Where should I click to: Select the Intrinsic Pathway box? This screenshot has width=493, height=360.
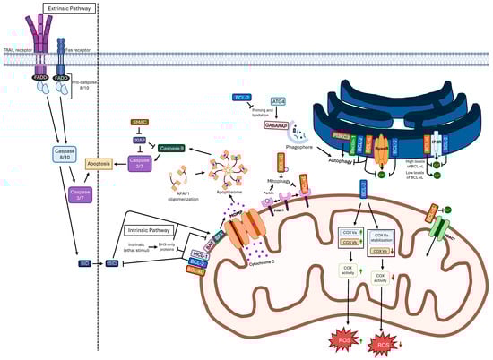pyautogui.click(x=149, y=230)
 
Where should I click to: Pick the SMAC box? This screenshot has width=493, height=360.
pyautogui.click(x=140, y=121)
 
